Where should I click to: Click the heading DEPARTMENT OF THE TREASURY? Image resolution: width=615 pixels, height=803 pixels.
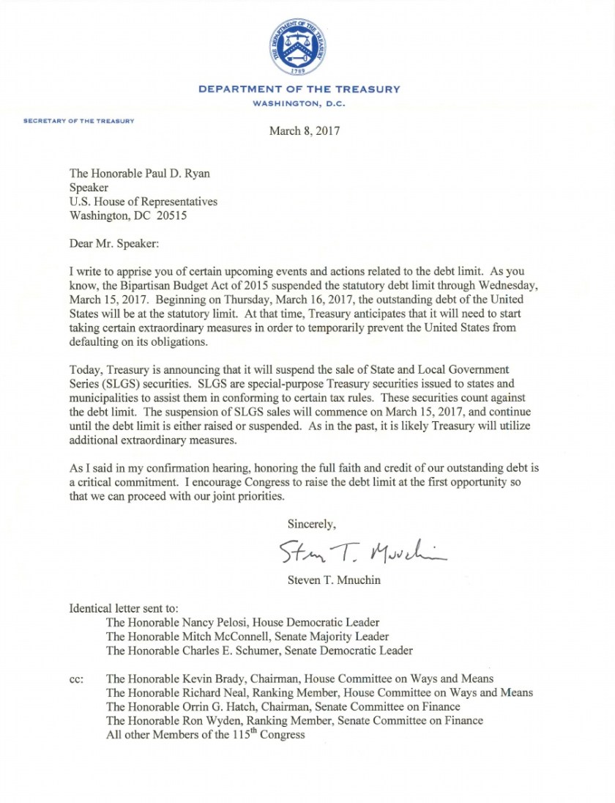299,89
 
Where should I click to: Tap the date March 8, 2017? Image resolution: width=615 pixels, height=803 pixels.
305,132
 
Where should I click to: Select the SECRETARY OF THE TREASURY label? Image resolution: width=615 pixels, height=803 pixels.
79,120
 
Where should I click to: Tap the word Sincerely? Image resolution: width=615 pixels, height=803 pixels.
311,524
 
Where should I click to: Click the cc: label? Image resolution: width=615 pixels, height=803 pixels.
76,679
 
